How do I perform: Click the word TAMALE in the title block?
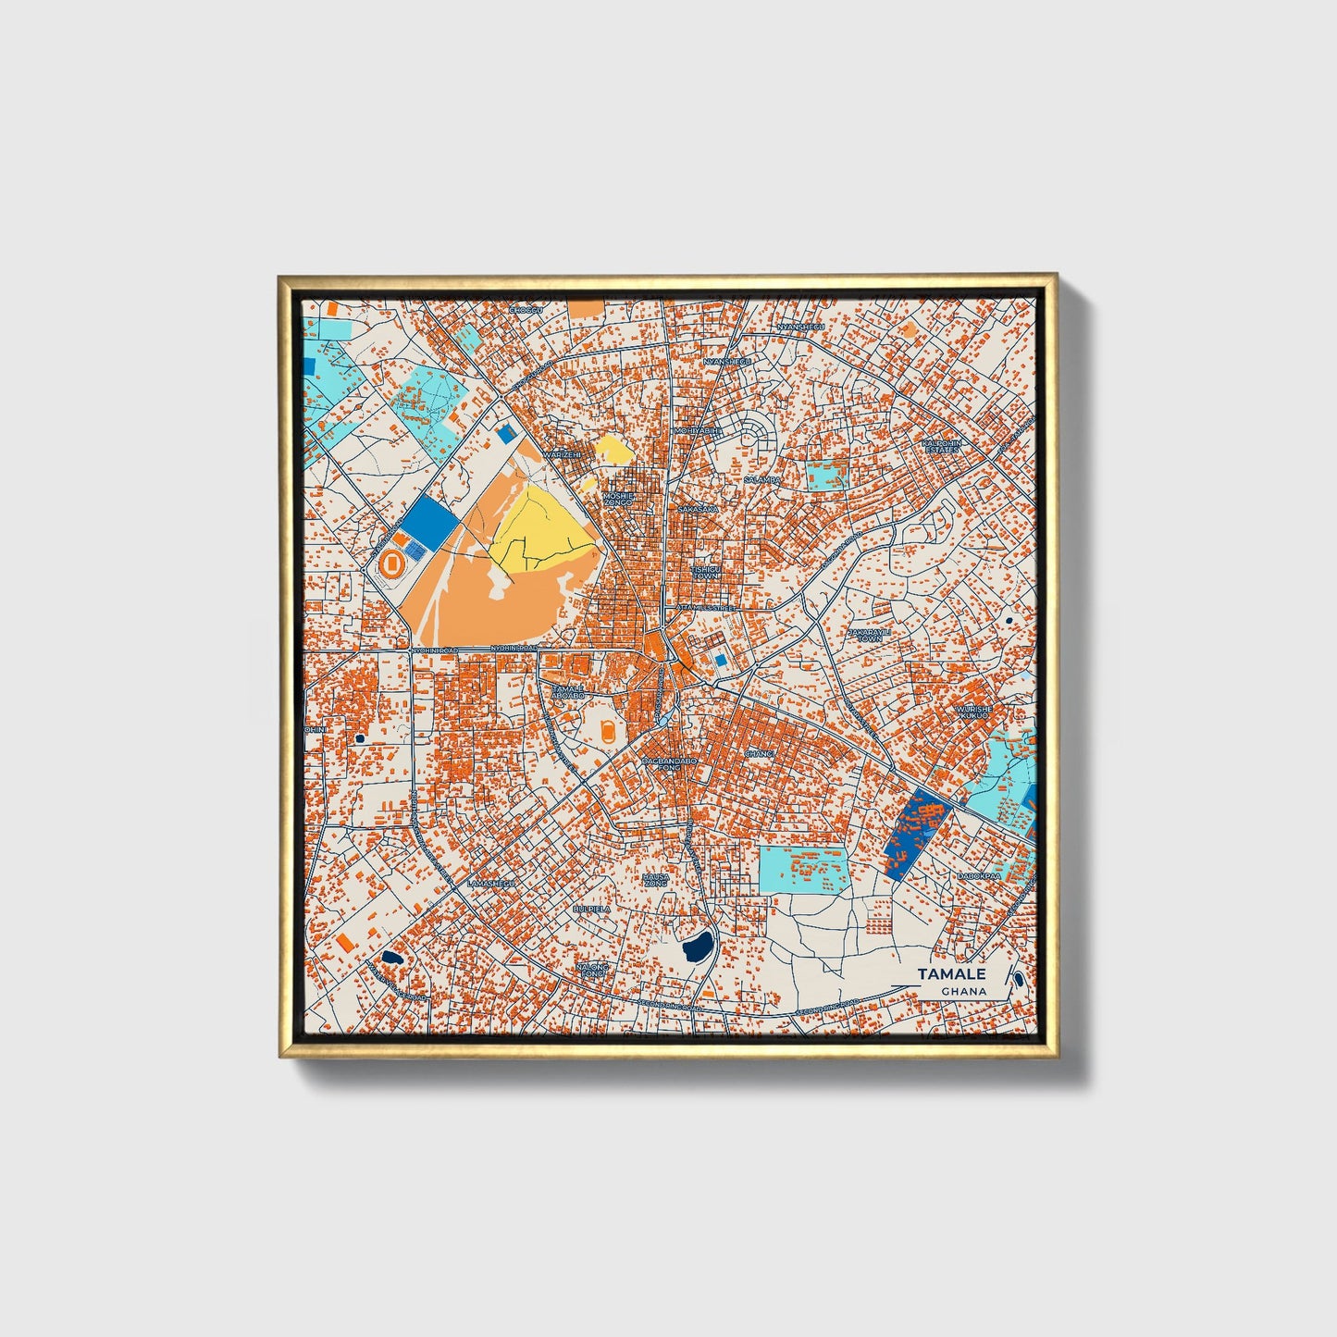click(x=951, y=973)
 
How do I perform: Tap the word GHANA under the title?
click(x=963, y=991)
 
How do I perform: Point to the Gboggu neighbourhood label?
click(x=524, y=311)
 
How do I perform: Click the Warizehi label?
click(x=563, y=455)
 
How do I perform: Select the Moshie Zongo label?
click(x=617, y=498)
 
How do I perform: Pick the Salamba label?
click(x=761, y=480)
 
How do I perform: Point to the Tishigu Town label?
click(x=705, y=573)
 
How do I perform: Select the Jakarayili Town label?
click(x=869, y=635)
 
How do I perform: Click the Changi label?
click(x=759, y=754)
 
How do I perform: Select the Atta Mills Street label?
click(x=705, y=608)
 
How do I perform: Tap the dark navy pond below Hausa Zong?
click(x=696, y=946)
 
